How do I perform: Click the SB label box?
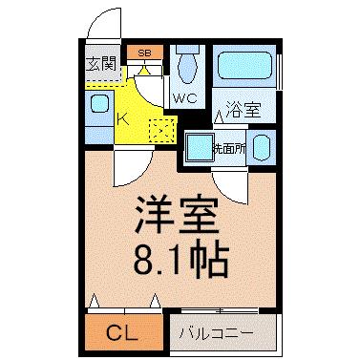pos(145,53)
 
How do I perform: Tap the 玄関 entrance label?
pos(101,64)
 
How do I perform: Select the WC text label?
pos(185,98)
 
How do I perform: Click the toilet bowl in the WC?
pos(187,69)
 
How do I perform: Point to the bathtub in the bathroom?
pos(244,65)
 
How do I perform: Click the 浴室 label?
pos(244,110)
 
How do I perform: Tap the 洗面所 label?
pos(229,148)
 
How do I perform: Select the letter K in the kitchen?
pos(122,119)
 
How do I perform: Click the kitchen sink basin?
pos(99,104)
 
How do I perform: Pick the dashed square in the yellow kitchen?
pos(161,131)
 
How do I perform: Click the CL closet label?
pos(122,333)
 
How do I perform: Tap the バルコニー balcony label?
pos(217,334)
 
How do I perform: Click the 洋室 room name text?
pos(177,216)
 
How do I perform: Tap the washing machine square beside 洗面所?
pos(201,147)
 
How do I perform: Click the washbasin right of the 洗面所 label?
pos(262,147)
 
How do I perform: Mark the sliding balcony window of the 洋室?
pos(220,310)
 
